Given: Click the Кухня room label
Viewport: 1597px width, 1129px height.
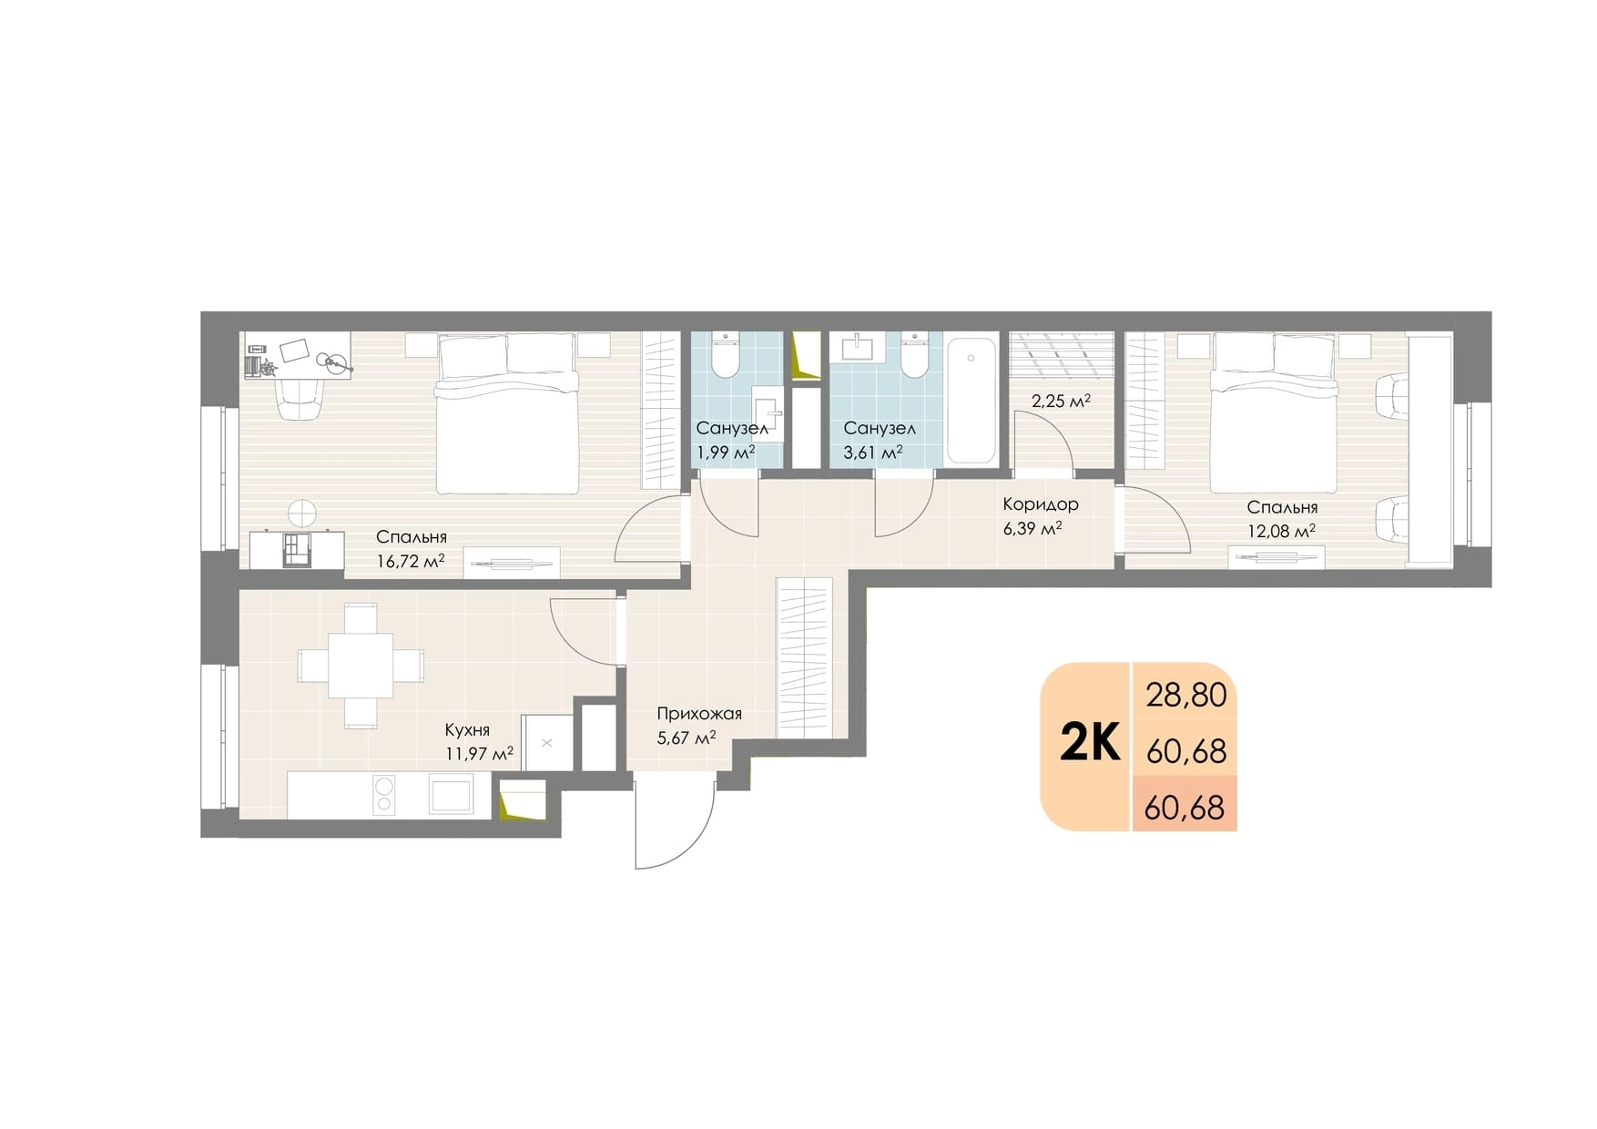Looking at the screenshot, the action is [x=467, y=730].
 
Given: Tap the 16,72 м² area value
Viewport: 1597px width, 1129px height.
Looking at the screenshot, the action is [x=410, y=561].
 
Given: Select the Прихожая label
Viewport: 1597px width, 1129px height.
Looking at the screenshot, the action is [x=699, y=714].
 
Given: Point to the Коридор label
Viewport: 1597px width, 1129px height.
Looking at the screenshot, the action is [x=1041, y=504].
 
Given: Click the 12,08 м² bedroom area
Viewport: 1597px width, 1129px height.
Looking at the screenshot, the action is [x=1281, y=531].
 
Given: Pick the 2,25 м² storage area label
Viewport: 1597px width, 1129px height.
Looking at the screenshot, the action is [x=1061, y=401].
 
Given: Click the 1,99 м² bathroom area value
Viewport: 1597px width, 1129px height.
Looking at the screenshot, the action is [x=726, y=452].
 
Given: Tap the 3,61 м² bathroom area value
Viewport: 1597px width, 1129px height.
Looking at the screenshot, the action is [x=873, y=452].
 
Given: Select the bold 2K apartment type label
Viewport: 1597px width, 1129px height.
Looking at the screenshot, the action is [x=1089, y=745].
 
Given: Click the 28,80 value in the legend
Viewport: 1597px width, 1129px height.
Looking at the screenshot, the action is [x=1186, y=696].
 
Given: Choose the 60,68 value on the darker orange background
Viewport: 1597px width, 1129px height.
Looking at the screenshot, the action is [x=1185, y=808].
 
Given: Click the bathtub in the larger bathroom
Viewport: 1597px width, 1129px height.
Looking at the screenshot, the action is [x=972, y=401].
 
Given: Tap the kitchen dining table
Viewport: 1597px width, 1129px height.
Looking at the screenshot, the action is [x=361, y=666].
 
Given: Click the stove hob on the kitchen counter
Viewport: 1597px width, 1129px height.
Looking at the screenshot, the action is [x=383, y=794].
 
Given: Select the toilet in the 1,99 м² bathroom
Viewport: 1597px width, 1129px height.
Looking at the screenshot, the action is [x=726, y=356].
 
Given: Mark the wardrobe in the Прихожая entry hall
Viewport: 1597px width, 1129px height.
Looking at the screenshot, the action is [x=804, y=656].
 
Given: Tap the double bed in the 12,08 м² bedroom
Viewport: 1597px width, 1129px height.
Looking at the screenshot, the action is [x=1275, y=412].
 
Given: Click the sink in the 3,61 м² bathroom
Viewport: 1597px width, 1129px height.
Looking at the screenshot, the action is [x=858, y=347].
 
